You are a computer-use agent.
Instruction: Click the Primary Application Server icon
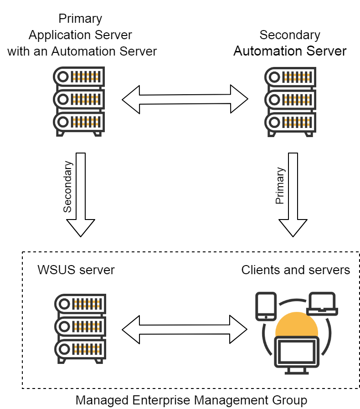(79, 101)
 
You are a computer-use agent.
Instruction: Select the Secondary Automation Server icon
(290, 101)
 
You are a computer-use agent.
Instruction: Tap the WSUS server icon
(79, 328)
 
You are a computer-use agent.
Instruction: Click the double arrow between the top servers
(185, 99)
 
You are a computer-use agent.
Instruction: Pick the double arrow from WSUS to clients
(185, 329)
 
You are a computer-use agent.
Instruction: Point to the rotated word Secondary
(67, 187)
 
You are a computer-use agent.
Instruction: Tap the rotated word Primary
(280, 186)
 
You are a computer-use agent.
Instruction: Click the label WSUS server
(76, 270)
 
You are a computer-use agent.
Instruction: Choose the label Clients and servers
(295, 270)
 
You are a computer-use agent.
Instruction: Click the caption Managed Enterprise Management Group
(191, 400)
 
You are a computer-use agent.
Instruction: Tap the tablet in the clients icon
(266, 306)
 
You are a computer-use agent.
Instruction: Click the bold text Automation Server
(290, 51)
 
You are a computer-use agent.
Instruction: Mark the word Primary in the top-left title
(80, 19)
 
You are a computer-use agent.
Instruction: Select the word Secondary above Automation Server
(290, 35)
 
